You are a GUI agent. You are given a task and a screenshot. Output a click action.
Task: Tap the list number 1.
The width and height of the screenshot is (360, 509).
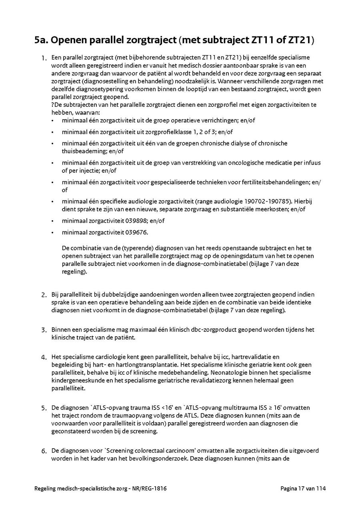click(44, 58)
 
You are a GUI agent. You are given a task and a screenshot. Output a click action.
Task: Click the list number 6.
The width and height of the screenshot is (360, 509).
click(44, 451)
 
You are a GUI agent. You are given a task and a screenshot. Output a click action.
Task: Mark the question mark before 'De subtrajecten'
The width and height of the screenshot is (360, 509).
click(53, 105)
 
